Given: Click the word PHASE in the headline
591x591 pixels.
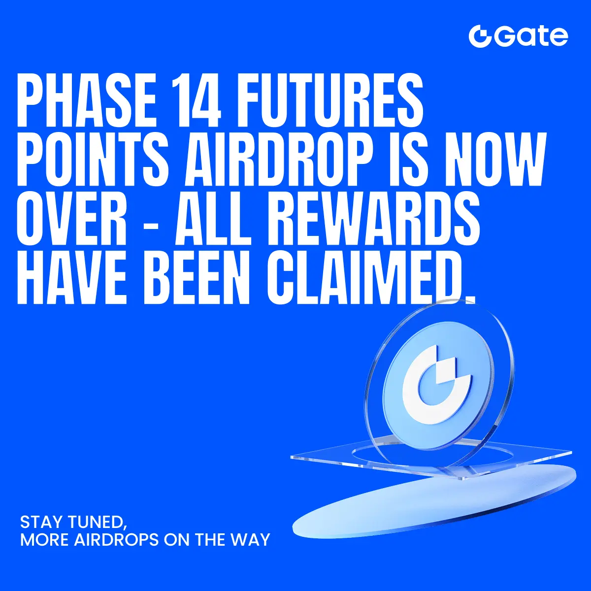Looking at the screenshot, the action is coord(87,100).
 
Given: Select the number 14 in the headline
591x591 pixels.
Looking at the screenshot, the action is coord(196,100).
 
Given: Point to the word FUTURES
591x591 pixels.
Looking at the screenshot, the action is coord(329,100).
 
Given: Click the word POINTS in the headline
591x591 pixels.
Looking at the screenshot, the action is coord(93,160).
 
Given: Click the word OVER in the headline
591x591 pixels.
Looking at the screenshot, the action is coord(72,219).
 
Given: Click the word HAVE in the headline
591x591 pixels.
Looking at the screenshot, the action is coord(72,278).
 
